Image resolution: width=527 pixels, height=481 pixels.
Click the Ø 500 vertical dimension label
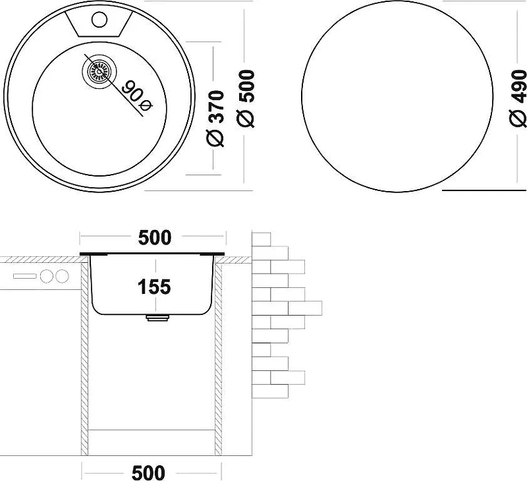coord(245,98)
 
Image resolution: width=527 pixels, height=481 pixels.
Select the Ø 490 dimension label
coord(518,98)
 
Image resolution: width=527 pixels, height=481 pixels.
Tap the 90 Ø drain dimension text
coord(137,96)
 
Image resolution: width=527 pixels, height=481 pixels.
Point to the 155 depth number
coord(154,287)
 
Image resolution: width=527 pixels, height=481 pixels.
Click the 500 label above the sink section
coord(155,237)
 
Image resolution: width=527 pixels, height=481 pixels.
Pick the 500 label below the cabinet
coord(148,473)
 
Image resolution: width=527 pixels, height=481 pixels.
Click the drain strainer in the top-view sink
coord(99,71)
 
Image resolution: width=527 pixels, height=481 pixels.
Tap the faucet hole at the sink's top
coord(99,20)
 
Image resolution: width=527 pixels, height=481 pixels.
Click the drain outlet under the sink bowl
coord(157,318)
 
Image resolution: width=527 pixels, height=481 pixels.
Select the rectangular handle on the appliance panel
coord(24,276)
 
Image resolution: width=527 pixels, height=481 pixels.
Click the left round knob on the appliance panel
coord(46,276)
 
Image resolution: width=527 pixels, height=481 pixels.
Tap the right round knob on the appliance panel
coord(62,276)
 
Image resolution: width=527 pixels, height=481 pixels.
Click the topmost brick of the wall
coord(261,239)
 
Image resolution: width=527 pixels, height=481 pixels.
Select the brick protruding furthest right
coord(305,308)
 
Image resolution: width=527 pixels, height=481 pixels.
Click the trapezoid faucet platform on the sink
coord(99,22)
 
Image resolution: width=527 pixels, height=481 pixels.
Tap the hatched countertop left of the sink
coord(42,260)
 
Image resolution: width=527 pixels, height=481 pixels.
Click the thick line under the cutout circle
coord(484,190)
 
